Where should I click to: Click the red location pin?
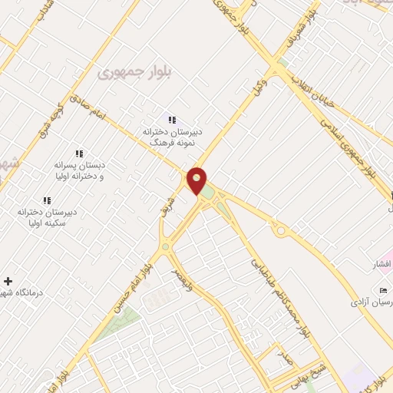(197, 180)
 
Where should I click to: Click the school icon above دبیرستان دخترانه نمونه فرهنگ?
(172, 120)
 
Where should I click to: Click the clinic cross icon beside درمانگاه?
(8, 281)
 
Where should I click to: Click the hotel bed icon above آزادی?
(384, 289)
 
